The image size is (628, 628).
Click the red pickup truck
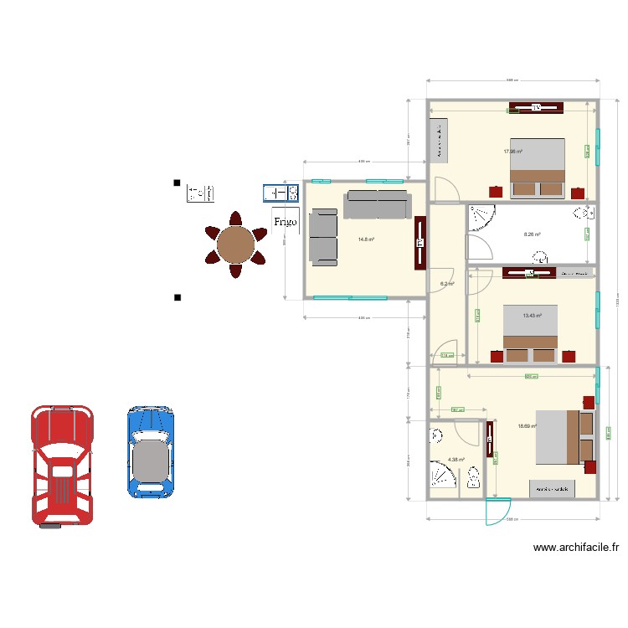(x=63, y=466)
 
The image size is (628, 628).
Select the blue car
(x=151, y=452)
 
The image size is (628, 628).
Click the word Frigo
(x=286, y=222)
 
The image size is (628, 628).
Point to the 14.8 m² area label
(x=366, y=239)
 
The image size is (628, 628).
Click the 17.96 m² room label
(x=512, y=152)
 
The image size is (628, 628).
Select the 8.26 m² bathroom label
(x=532, y=235)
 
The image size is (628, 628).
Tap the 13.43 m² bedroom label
(x=532, y=316)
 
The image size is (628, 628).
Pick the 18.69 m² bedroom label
(x=527, y=426)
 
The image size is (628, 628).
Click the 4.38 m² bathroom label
(x=456, y=459)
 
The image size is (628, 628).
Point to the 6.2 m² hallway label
(x=447, y=284)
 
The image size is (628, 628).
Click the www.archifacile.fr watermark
(x=576, y=548)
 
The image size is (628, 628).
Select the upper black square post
(x=176, y=183)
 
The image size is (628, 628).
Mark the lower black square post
(x=176, y=297)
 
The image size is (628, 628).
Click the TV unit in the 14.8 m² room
(x=420, y=243)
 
